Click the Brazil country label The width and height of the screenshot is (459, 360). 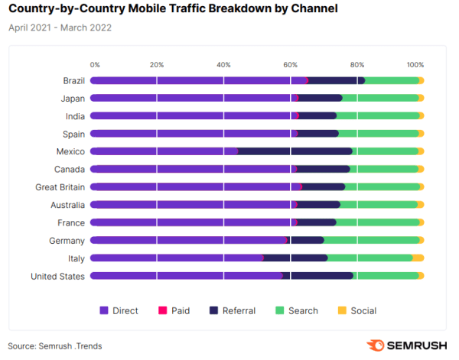[x=73, y=80]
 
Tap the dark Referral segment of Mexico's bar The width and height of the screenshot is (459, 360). [x=295, y=151]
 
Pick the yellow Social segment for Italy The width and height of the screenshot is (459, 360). [x=418, y=258]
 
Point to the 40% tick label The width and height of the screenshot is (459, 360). [x=223, y=64]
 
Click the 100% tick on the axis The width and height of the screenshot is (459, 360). [x=415, y=64]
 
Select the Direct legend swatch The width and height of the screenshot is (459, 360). [x=105, y=310]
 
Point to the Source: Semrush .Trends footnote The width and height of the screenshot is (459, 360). [x=55, y=345]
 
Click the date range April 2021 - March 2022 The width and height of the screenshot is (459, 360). [x=59, y=28]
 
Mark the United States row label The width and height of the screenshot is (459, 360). [x=57, y=276]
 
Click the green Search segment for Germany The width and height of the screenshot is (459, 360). [x=371, y=240]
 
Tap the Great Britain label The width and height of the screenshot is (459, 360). [x=60, y=186]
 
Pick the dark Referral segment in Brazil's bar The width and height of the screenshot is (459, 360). [x=337, y=80]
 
